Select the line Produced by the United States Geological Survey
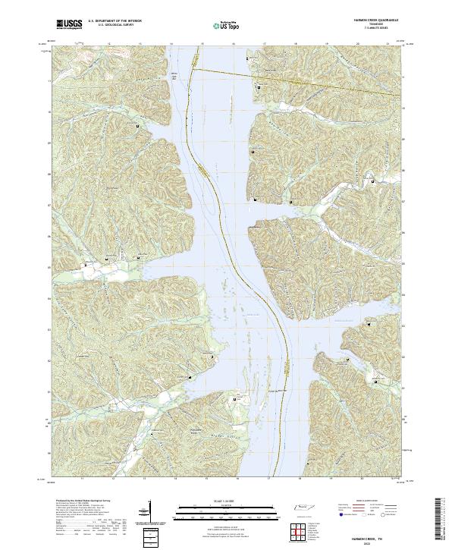click(75, 501)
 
